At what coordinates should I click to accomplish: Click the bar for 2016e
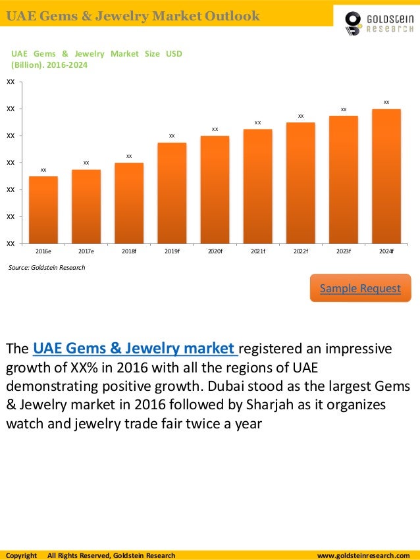pos(43,209)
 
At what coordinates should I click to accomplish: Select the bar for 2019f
pos(172,192)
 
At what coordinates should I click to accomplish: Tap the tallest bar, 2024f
pos(386,176)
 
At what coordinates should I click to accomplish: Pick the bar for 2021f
pos(257,186)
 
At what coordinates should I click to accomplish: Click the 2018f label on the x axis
pos(129,251)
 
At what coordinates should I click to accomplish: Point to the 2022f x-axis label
pos(301,251)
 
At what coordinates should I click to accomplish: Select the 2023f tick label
pos(344,251)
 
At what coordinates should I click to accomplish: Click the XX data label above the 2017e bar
pos(86,163)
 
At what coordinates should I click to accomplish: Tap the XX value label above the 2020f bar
pos(215,129)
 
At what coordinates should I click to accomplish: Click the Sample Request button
pos(360,288)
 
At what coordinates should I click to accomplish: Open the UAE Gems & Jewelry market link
pos(134,348)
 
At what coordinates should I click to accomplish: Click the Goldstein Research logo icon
pos(354,23)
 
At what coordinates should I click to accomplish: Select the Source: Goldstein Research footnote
pos(47,268)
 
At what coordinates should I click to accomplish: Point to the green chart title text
pos(96,59)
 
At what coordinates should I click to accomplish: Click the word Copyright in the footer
pos(22,555)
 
